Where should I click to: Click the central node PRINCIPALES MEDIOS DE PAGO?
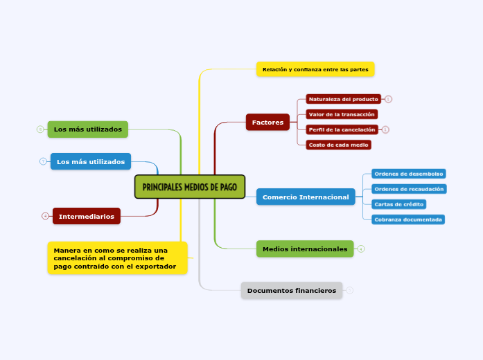189,187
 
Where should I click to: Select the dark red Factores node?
267,123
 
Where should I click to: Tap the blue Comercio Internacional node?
306,197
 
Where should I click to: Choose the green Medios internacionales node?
305,249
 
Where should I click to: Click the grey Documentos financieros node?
291,291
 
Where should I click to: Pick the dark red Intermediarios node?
87,216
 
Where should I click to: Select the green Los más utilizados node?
88,129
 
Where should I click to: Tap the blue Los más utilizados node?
91,161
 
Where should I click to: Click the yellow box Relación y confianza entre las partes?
315,69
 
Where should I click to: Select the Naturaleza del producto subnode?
344,99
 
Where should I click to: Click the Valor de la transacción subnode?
342,114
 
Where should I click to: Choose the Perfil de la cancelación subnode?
342,129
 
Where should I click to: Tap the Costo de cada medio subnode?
338,145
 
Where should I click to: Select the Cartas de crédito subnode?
398,204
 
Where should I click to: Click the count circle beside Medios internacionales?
361,249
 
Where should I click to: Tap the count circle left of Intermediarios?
45,216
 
